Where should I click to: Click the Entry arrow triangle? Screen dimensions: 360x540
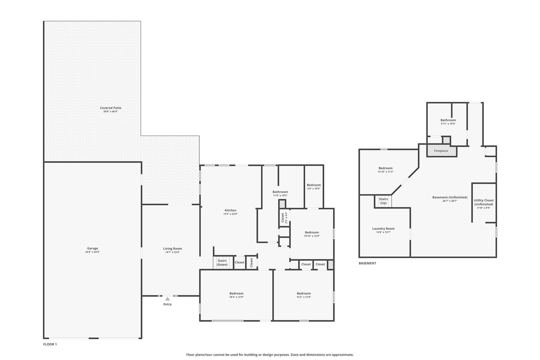(x=167, y=299)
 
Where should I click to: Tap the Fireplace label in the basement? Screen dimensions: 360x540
(x=441, y=151)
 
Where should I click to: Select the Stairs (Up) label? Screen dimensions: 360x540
(x=383, y=201)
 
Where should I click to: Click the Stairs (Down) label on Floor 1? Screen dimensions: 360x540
(x=222, y=263)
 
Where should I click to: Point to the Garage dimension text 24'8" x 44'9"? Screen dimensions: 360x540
(x=92, y=252)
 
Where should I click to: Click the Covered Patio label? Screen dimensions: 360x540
(x=110, y=108)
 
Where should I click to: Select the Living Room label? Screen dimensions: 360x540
(x=172, y=248)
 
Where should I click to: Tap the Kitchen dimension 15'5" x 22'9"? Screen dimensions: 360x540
(x=230, y=214)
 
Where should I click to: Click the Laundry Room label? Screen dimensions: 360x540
(x=383, y=229)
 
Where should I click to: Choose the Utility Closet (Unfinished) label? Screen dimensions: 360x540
(x=484, y=202)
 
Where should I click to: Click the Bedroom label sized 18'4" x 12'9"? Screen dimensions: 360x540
(x=236, y=293)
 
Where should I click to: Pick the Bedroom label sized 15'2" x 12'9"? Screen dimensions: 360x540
(x=304, y=293)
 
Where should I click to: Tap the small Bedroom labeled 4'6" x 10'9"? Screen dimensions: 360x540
(x=314, y=185)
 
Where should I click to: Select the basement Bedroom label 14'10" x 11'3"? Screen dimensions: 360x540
(x=385, y=168)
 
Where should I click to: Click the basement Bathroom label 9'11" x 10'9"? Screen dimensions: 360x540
(x=448, y=120)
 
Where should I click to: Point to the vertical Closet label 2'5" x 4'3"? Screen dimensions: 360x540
(x=283, y=218)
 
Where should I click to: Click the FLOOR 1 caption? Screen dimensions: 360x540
(x=50, y=344)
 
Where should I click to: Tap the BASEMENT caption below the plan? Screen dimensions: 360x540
(x=367, y=263)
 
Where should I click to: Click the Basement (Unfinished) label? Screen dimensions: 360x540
(x=450, y=197)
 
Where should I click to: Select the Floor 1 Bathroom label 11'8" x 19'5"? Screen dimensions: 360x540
(x=280, y=192)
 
